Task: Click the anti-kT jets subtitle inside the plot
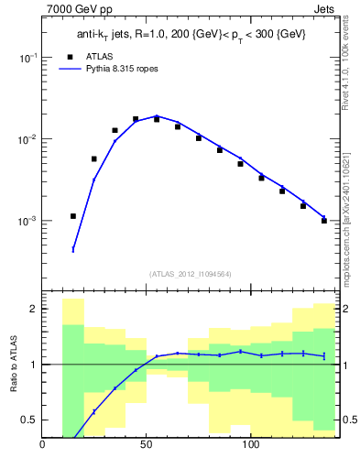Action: pos(191,34)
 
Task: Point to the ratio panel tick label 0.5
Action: pos(30,420)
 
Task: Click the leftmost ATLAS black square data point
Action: pos(73,216)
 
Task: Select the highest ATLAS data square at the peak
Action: pos(136,119)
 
